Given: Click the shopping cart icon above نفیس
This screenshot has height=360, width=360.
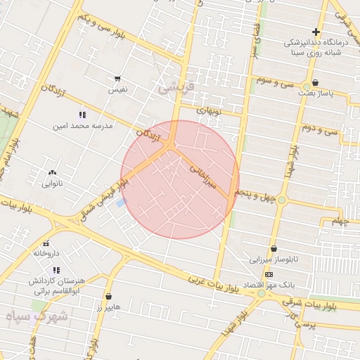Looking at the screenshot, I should (117, 79).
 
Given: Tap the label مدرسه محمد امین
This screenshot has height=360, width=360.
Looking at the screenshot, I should (82, 127).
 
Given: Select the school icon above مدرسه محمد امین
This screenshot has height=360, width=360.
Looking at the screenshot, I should (82, 115).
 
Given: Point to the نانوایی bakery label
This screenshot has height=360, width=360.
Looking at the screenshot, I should (53, 184).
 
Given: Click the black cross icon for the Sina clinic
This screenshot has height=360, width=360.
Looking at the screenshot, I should (316, 32).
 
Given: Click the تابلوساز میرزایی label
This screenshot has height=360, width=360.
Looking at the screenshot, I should (274, 259).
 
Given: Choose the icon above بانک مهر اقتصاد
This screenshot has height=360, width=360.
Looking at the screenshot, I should (269, 274).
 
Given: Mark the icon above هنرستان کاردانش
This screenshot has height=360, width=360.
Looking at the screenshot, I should (56, 270).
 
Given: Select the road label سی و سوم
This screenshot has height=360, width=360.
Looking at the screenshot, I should (276, 82).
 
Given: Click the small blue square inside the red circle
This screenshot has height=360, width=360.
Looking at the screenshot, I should (120, 202).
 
